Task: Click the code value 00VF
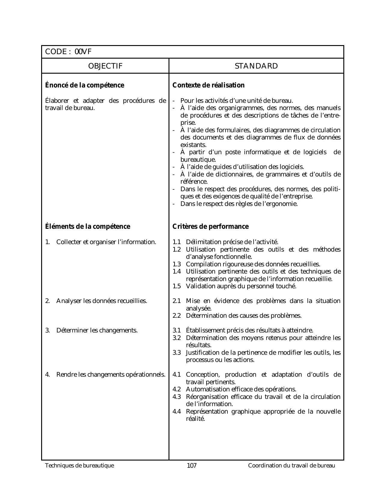click(83, 52)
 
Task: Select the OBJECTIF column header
click(105, 66)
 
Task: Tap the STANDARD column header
click(256, 66)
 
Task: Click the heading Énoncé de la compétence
click(84, 85)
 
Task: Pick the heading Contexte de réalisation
click(208, 85)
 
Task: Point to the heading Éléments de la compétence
click(87, 227)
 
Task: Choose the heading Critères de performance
click(211, 227)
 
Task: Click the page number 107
click(192, 466)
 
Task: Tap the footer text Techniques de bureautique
click(79, 466)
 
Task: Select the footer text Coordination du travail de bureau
click(291, 466)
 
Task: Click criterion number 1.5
click(177, 286)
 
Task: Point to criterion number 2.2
click(177, 316)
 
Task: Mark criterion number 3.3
click(177, 353)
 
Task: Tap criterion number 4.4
click(177, 412)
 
